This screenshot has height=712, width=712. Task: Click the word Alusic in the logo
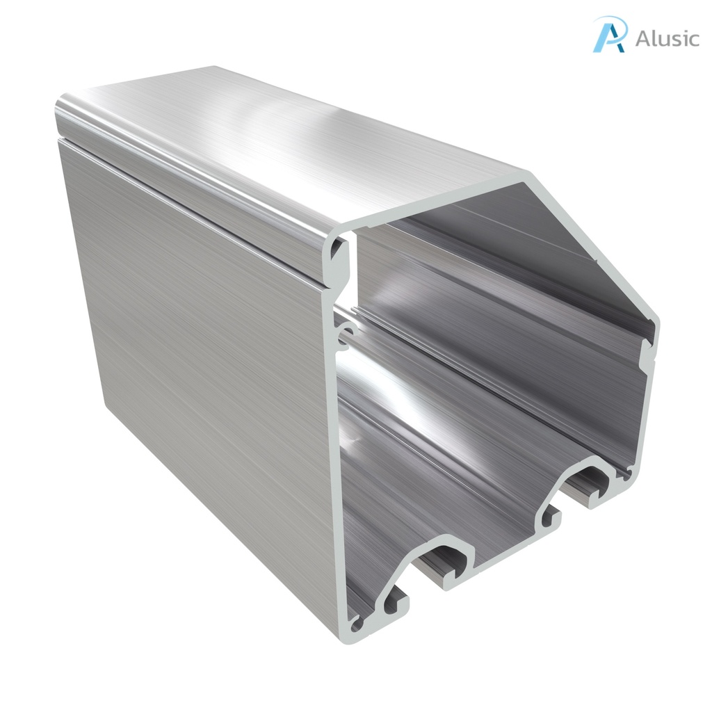coord(667,38)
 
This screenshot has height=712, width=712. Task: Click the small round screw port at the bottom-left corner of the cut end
coord(357,624)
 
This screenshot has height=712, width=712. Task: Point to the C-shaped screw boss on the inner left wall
coord(344,332)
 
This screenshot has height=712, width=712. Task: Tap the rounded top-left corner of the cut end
coord(339,240)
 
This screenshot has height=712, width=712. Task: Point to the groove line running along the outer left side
coord(195,202)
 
